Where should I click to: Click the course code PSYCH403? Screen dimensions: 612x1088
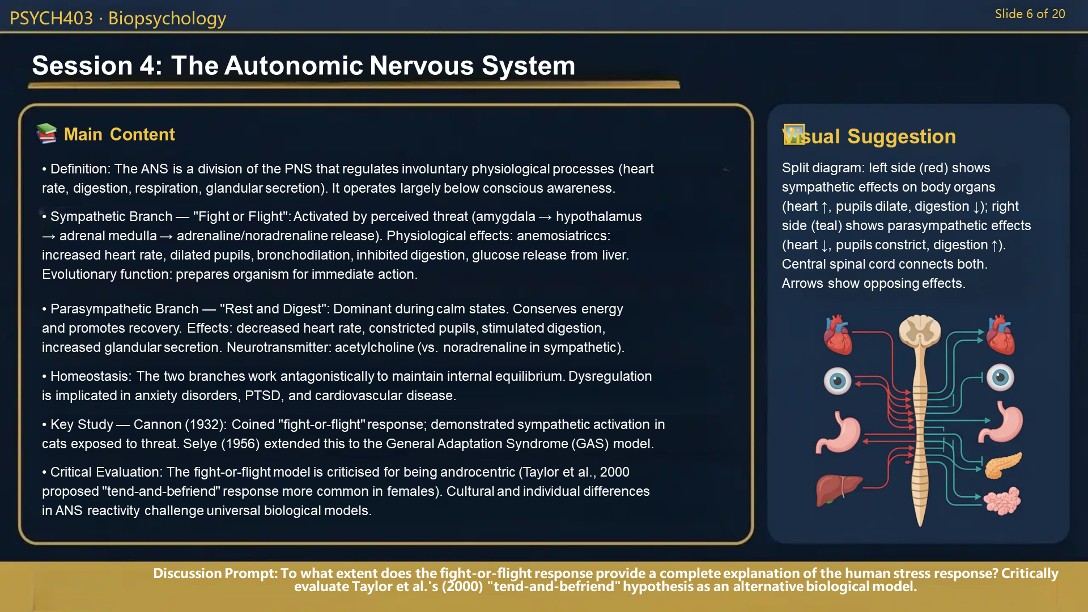[51, 18]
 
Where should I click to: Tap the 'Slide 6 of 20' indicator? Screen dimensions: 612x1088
[1030, 14]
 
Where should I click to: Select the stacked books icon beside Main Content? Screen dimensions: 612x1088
[46, 134]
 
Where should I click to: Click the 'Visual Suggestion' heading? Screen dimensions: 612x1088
[869, 137]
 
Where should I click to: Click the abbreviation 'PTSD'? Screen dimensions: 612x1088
[262, 396]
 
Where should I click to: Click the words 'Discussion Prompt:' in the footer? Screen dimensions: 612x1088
[215, 573]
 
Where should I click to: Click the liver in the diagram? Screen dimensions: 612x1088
[837, 490]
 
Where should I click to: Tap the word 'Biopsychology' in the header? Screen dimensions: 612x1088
[167, 18]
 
